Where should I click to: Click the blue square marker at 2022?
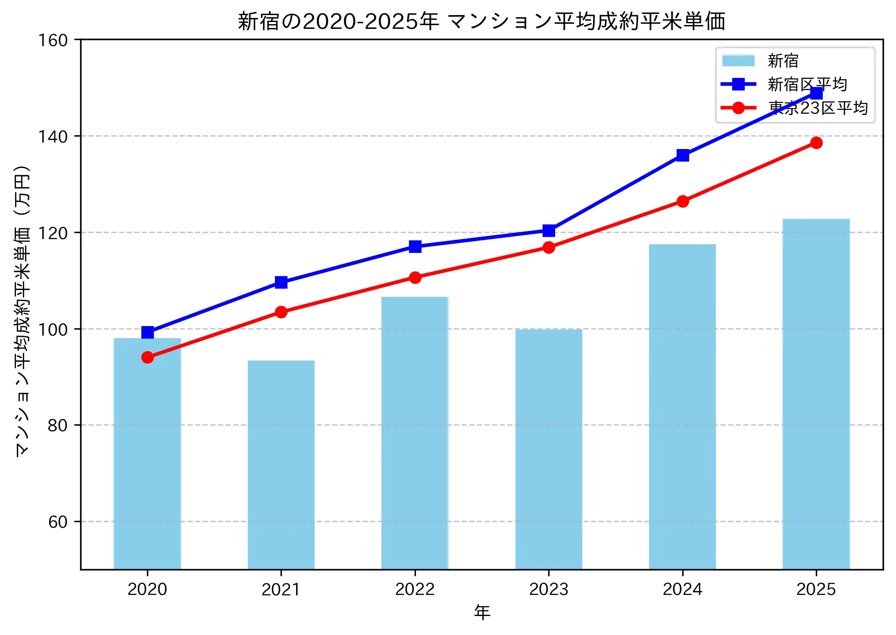[x=415, y=246]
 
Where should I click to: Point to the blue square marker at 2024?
[x=683, y=155]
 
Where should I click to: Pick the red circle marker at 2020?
[x=147, y=357]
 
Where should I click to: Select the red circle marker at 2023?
[x=549, y=247]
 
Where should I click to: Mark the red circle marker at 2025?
[x=816, y=143]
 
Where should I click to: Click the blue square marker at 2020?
[x=147, y=332]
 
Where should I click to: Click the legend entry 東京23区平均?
[x=818, y=108]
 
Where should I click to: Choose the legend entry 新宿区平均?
[x=807, y=84]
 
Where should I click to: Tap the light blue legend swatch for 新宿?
[x=738, y=61]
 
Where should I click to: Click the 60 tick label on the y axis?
[x=58, y=522]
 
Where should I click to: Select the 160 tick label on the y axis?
[x=53, y=40]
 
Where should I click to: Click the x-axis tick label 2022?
[x=415, y=589]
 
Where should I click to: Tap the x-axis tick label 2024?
[x=683, y=589]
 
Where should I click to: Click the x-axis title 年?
[x=482, y=612]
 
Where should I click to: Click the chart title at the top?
[x=481, y=22]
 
